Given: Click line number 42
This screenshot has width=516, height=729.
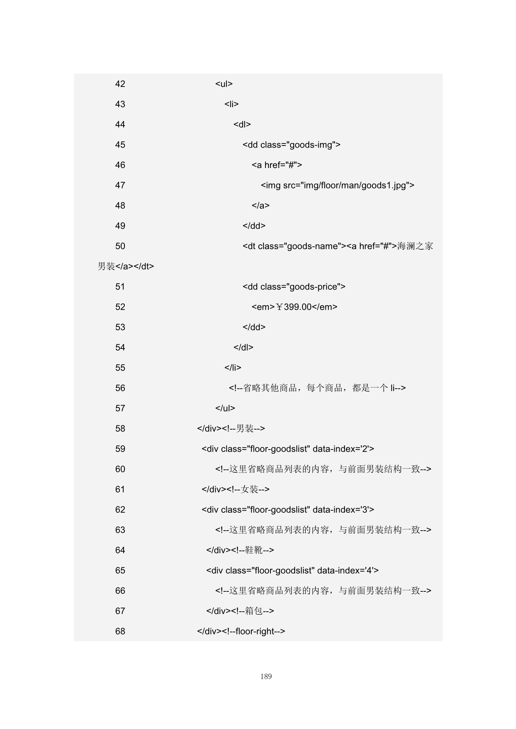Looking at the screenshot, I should click(x=120, y=84).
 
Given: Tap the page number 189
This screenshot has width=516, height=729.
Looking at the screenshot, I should click(x=266, y=677).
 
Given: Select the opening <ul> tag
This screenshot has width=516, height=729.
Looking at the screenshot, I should click(x=224, y=84).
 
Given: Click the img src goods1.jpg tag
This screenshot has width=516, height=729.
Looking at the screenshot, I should click(x=337, y=185).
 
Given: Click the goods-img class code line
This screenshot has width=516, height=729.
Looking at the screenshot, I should click(x=291, y=145).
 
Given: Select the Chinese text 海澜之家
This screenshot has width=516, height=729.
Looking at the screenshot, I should click(x=415, y=246).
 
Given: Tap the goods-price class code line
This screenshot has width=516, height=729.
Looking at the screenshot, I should click(x=294, y=287).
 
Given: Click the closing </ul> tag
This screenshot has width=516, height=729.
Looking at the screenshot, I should click(x=225, y=408).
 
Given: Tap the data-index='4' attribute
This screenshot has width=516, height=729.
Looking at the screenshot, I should click(x=347, y=571).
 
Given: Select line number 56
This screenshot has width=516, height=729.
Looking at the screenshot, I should click(x=120, y=388).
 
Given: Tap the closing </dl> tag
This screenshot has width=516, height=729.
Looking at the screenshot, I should click(x=243, y=348).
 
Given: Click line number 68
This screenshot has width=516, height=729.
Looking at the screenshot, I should click(x=120, y=632).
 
